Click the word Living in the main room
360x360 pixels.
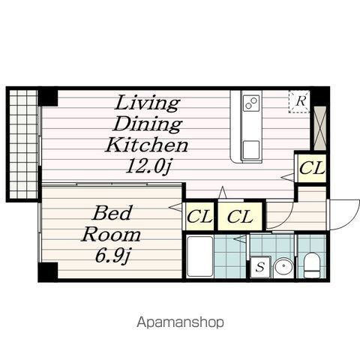147,103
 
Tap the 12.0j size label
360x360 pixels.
148,166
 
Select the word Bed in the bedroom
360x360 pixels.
112,213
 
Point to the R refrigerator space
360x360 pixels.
299,102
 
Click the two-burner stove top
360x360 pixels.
251,103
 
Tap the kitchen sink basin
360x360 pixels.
251,149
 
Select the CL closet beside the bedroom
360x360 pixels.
199,217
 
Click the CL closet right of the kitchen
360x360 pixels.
312,168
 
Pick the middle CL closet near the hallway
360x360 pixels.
240,217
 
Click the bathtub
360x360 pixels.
199,256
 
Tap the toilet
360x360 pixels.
312,265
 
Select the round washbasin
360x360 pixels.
283,267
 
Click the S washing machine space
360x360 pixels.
260,267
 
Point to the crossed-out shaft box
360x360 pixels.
320,128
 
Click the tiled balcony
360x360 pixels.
24,144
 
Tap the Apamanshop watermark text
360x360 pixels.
180,322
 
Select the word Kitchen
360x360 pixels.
147,145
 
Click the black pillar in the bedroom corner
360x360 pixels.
48,271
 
